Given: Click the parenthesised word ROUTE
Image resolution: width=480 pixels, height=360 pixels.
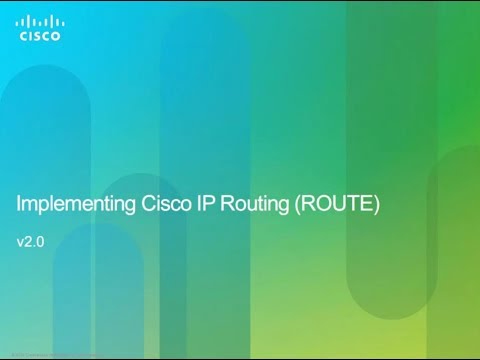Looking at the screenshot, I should [341, 206].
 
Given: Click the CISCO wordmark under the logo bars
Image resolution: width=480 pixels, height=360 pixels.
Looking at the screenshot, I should [40, 36].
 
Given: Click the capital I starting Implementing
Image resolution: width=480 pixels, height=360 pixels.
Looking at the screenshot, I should [21, 206].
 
